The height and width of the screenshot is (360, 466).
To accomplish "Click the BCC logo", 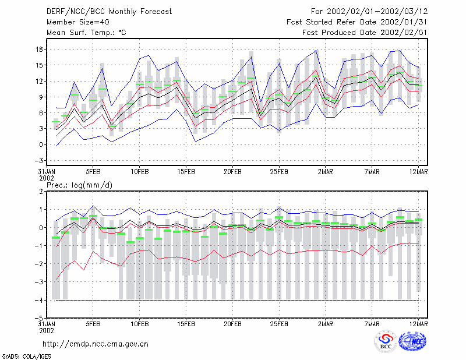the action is tap(386, 341).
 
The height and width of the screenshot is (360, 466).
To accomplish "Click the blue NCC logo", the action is tap(412, 341).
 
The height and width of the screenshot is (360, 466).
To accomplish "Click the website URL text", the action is tap(96, 344).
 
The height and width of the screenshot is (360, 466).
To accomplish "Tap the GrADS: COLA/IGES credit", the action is tap(26, 357).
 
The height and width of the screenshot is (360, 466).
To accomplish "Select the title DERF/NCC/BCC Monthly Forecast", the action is tap(109, 12).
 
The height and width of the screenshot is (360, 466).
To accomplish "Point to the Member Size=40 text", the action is tap(78, 22).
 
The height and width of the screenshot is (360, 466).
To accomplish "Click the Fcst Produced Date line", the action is tap(365, 33).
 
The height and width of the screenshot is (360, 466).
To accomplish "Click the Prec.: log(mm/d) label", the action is tap(79, 185).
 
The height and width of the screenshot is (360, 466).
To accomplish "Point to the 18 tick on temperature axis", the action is tap(39, 50).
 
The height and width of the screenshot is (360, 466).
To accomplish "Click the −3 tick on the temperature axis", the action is tap(38, 161).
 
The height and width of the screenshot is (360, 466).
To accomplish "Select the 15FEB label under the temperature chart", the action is tap(186, 172).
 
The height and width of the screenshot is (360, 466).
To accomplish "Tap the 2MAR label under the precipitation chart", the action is tap(326, 324).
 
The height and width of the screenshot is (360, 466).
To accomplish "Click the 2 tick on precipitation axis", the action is tap(41, 192).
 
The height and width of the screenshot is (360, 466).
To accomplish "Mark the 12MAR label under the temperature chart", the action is tap(418, 172).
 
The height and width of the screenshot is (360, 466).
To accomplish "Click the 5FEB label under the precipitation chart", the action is tap(93, 324).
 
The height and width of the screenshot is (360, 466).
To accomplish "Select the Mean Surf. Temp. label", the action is tap(86, 33).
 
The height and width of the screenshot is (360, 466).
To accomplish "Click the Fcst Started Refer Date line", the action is tap(357, 22).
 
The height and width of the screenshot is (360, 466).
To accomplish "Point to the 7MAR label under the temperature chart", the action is tap(372, 172).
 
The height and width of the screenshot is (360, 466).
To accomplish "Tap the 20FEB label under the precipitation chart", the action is tap(232, 324).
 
